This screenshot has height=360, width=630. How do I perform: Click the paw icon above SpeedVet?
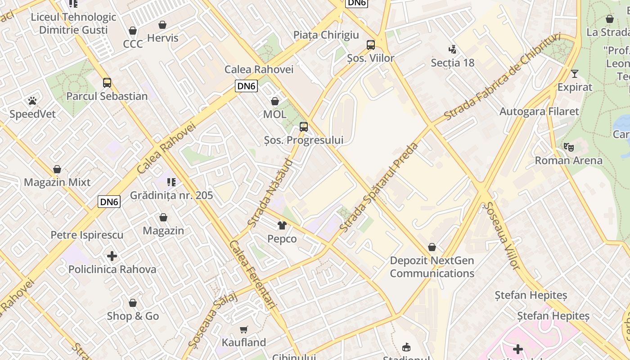[32, 101]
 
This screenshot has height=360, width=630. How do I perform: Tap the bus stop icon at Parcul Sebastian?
[107, 83]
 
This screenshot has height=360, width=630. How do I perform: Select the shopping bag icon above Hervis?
[162, 25]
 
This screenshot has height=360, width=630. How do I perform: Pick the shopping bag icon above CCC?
[133, 31]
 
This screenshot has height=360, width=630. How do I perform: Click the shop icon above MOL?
[275, 101]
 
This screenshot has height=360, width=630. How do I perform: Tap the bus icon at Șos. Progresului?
[304, 127]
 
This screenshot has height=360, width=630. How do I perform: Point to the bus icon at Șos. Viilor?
[371, 45]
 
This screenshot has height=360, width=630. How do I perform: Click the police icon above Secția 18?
[453, 49]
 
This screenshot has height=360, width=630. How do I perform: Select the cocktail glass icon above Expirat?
[575, 74]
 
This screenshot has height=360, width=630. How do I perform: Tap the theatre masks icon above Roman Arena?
[568, 147]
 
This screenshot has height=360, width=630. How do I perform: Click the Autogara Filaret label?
[539, 111]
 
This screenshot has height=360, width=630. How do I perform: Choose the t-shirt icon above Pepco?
[282, 225]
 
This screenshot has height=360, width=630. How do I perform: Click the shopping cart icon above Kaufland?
[243, 329]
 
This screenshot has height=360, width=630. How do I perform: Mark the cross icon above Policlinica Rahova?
[112, 256]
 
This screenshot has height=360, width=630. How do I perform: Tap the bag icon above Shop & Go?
[133, 303]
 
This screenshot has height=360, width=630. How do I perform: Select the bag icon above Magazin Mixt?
[57, 169]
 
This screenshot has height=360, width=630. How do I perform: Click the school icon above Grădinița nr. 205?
[171, 182]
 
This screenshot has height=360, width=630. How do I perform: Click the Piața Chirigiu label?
[326, 35]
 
